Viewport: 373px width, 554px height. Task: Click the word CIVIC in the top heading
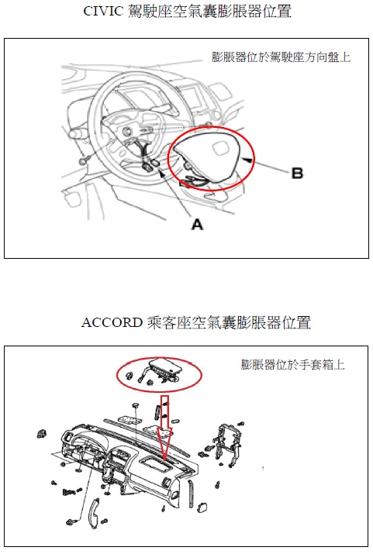click(103, 11)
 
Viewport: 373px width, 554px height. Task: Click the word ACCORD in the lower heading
click(112, 322)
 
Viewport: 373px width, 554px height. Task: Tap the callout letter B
click(297, 174)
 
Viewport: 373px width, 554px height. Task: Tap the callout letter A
click(197, 225)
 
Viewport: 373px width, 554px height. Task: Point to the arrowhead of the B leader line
click(248, 160)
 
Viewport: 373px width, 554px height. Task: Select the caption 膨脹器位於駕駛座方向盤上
click(281, 57)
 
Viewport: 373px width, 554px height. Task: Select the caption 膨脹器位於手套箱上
click(292, 364)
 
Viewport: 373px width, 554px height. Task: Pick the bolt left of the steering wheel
click(84, 160)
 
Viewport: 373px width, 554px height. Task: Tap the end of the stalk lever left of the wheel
click(74, 135)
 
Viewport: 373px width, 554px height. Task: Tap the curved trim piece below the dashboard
click(94, 513)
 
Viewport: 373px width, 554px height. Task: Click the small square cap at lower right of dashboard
click(202, 507)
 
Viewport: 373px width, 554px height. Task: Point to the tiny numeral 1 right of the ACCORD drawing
click(263, 469)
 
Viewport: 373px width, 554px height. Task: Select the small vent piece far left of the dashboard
click(42, 433)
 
